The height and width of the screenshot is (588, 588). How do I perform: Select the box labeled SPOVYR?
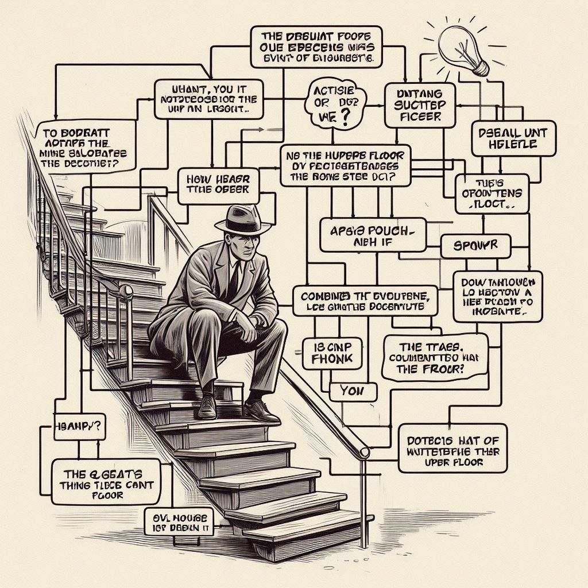point(476,246)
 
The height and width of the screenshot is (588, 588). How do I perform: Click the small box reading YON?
point(353,392)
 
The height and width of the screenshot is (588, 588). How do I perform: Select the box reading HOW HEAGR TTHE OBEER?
point(215,184)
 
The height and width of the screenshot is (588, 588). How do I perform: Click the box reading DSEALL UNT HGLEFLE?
point(513,138)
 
